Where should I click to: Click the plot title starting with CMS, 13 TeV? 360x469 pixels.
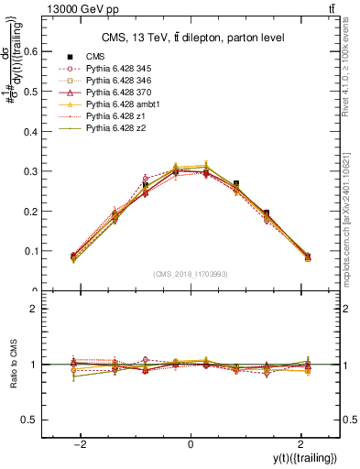(192, 38)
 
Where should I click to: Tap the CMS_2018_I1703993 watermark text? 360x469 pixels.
(191, 274)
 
